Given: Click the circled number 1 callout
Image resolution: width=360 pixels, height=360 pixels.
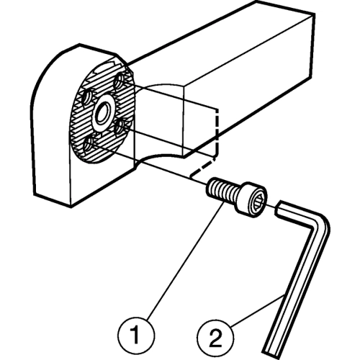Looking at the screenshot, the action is (136, 335).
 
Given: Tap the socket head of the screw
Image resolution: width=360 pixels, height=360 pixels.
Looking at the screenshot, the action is (251, 199).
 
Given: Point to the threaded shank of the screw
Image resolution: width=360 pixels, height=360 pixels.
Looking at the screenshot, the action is (222, 189).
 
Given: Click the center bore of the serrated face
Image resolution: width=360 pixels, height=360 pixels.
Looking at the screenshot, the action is (103, 113).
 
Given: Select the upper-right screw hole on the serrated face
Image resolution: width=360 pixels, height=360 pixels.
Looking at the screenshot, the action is (118, 81).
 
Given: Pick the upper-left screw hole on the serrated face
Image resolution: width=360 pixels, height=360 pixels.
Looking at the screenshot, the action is (87, 97).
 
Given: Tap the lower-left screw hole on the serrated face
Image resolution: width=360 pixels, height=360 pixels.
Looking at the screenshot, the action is (88, 144).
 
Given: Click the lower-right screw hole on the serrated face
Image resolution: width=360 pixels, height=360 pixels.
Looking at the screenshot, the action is (119, 127).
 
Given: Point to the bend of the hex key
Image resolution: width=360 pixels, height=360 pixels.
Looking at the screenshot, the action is (319, 223).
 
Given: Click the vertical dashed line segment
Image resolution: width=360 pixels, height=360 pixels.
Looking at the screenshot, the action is (217, 132).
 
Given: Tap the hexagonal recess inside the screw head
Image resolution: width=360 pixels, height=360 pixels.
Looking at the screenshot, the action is (257, 202).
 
